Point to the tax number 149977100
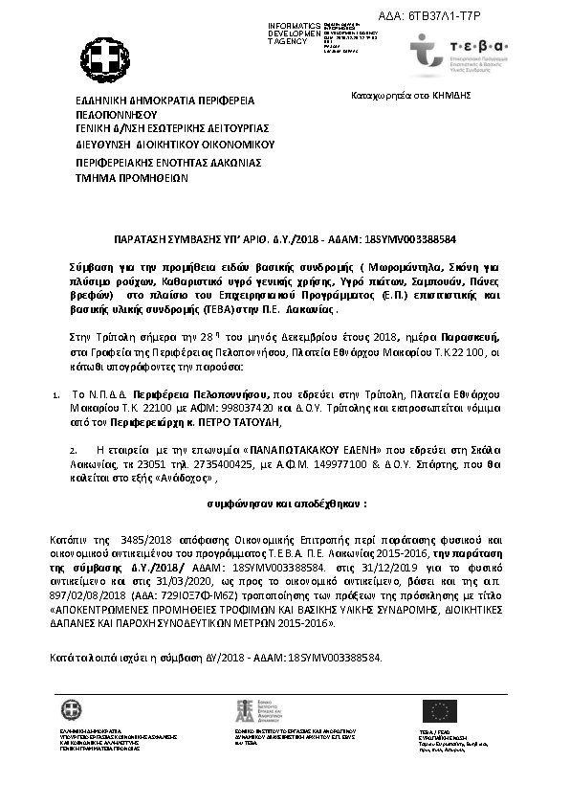(334, 461)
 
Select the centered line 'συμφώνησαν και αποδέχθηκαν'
(287, 502)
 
